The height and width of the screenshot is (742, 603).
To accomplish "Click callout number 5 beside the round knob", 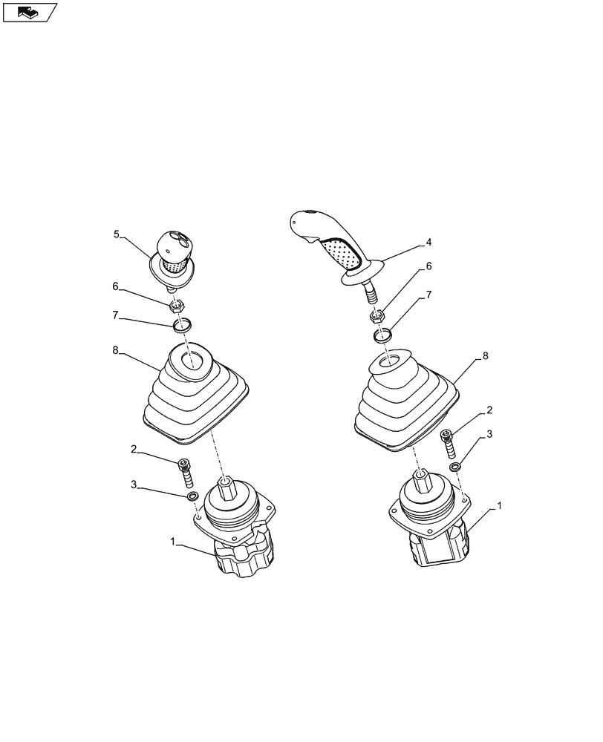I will pyautogui.click(x=117, y=234).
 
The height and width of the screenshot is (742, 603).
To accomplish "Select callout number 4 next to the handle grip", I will pyautogui.click(x=428, y=242).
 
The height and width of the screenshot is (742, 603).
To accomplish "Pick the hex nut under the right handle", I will pyautogui.click(x=377, y=316).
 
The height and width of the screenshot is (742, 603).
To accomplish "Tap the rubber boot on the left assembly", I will pyautogui.click(x=195, y=397).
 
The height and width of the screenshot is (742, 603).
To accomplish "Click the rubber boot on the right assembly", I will pyautogui.click(x=405, y=401).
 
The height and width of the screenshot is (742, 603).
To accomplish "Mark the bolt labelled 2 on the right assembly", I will pyautogui.click(x=447, y=444).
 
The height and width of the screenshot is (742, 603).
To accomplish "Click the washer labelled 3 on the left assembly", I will pyautogui.click(x=192, y=496).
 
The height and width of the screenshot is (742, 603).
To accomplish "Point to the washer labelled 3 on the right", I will pyautogui.click(x=454, y=467).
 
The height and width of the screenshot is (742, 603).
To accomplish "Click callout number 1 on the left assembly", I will pyautogui.click(x=174, y=543).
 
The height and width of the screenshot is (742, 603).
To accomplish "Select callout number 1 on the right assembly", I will pyautogui.click(x=499, y=505).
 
